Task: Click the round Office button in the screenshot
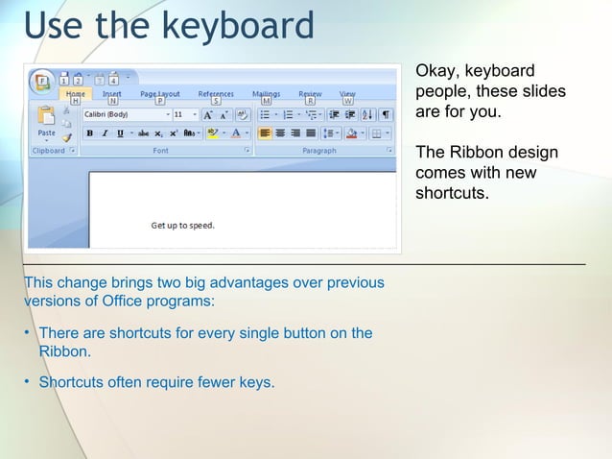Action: pos(41,81)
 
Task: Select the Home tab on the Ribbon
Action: pos(75,94)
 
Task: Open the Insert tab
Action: pos(112,94)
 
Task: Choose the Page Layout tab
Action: pos(160,94)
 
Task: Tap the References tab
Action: pos(216,94)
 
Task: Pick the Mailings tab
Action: pos(266,94)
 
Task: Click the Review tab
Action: pos(310,94)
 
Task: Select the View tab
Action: pos(347,94)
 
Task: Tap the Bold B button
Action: pos(90,133)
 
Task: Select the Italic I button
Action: pos(105,133)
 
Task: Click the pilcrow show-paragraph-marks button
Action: pos(387,114)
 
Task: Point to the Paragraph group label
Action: pos(319,151)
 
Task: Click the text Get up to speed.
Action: pos(182,226)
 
